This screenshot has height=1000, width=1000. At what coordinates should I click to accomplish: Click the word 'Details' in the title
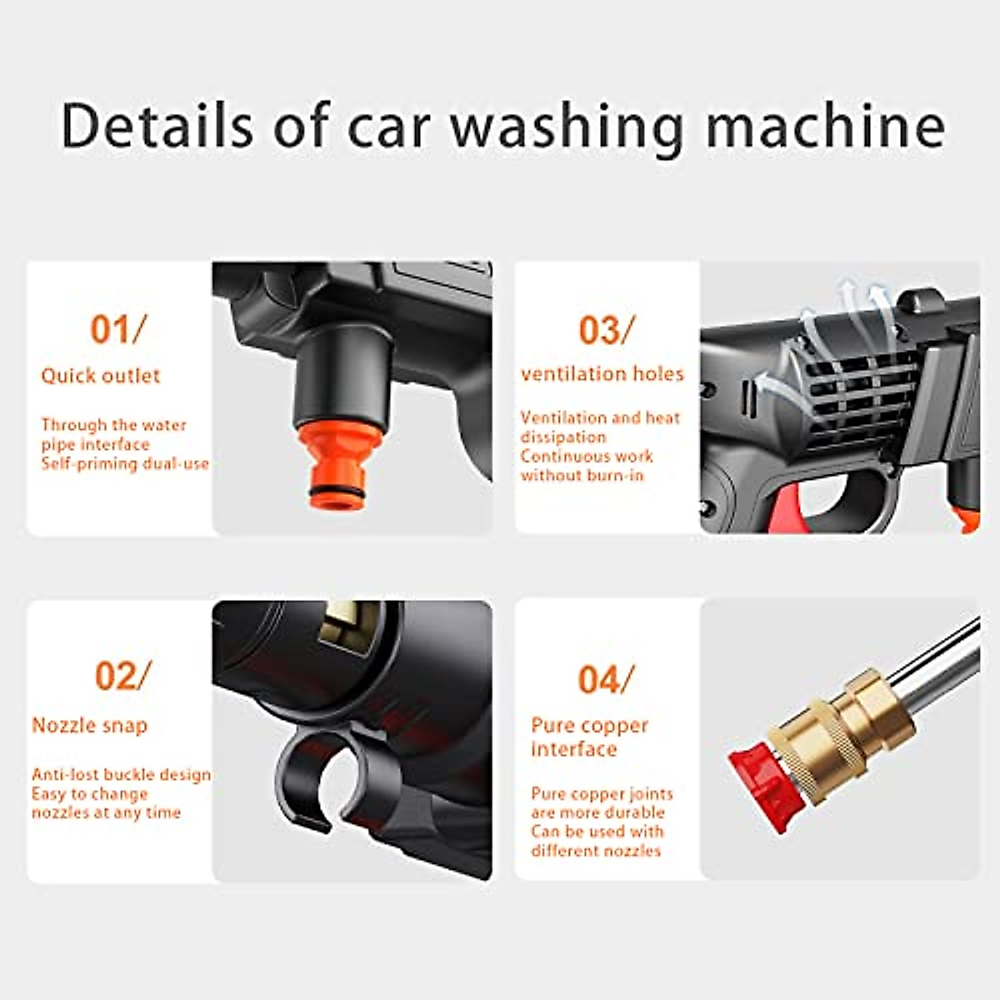click(157, 127)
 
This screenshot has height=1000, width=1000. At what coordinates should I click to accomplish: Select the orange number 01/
click(117, 330)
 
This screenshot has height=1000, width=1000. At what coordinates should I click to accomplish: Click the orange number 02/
click(122, 676)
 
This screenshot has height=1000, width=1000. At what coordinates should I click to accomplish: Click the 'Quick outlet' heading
click(100, 376)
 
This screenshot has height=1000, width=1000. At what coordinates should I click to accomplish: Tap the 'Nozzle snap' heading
click(89, 726)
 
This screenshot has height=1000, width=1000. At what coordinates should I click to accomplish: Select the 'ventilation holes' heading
click(602, 374)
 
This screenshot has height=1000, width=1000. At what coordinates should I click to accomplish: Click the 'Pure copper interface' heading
click(588, 737)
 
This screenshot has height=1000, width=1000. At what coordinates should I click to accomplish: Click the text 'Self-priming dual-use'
click(125, 464)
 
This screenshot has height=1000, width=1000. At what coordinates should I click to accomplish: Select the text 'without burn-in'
click(582, 476)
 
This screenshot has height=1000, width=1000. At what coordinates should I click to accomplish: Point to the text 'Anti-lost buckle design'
click(121, 775)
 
